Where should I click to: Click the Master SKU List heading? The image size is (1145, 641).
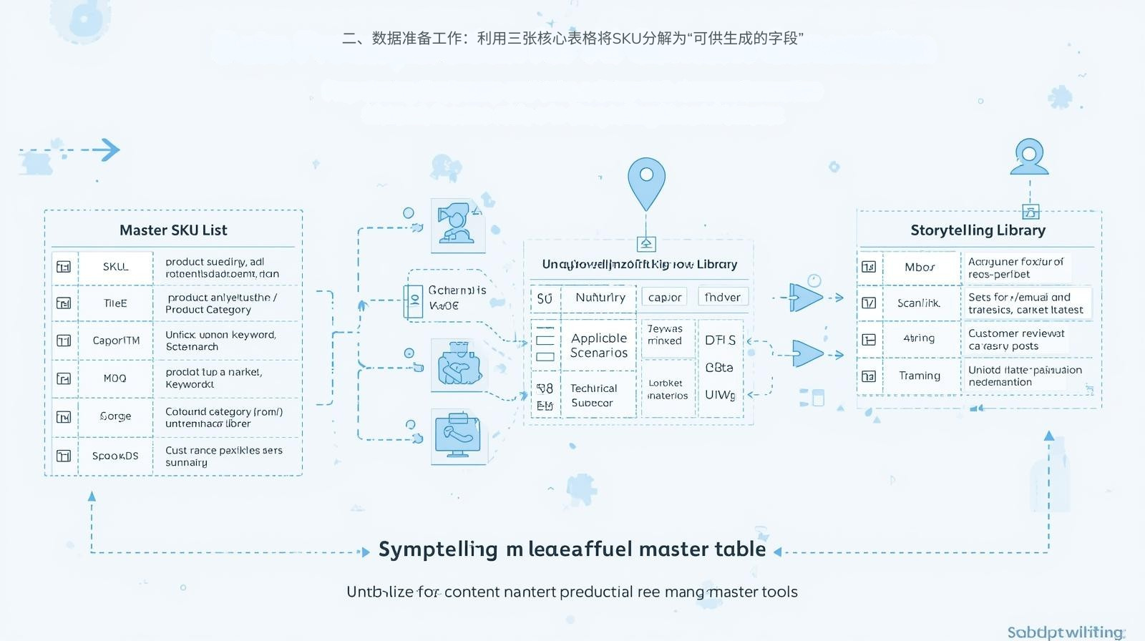[x=173, y=230]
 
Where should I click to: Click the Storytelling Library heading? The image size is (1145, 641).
[x=978, y=230]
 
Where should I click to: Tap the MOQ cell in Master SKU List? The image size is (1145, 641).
[x=114, y=378]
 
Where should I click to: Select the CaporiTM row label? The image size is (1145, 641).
[x=116, y=341]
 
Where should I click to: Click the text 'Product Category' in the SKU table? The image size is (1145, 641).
[x=208, y=310]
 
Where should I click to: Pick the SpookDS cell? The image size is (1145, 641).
[x=115, y=456]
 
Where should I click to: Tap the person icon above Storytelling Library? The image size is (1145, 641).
[x=1029, y=157]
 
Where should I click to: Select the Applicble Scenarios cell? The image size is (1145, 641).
[x=599, y=346]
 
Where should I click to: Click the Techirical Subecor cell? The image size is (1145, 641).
[x=593, y=396]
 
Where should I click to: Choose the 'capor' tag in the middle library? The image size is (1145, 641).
[x=664, y=298]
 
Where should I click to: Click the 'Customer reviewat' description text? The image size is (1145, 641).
[x=1016, y=333]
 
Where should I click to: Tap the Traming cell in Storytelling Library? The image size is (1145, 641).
[x=920, y=376]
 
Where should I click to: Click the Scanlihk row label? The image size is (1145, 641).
[x=919, y=303]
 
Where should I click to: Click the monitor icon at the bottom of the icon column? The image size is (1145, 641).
[x=458, y=435]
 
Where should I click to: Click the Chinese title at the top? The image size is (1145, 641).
[x=572, y=39]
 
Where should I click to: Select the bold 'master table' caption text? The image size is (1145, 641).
[x=702, y=549]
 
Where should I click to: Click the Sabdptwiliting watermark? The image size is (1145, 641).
[x=1065, y=632]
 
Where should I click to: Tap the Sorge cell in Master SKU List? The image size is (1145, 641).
[x=115, y=416]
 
